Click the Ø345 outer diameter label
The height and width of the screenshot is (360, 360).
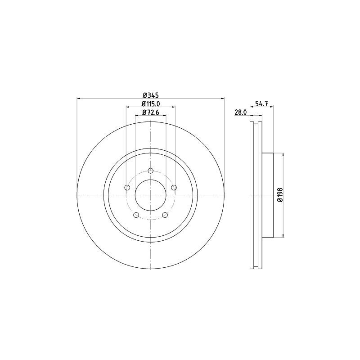[150, 95]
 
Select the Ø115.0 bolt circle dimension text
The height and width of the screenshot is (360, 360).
[151, 104]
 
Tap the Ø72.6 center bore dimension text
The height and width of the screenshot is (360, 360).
[151, 112]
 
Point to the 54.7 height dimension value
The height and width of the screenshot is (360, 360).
[261, 103]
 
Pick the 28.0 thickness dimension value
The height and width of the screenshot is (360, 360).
[241, 112]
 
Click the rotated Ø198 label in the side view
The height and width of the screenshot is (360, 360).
[279, 194]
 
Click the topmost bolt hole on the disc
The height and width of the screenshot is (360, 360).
[151, 171]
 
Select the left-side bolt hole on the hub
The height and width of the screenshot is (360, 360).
[127, 188]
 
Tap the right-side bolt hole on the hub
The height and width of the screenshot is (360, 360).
[174, 188]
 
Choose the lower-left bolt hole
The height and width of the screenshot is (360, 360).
[136, 215]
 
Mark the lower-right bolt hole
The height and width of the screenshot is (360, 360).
[165, 215]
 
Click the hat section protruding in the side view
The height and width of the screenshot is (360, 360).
[267, 194]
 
